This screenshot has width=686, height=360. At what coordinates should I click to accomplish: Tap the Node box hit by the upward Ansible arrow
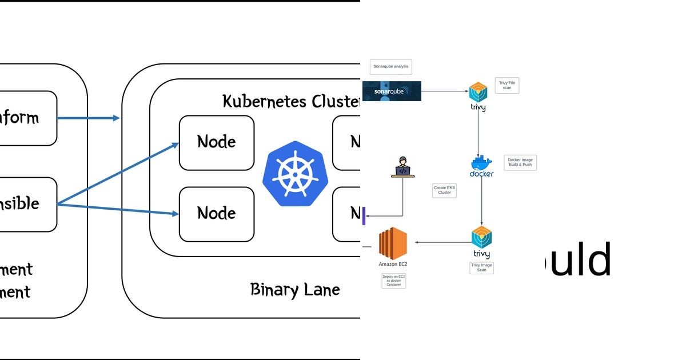216,142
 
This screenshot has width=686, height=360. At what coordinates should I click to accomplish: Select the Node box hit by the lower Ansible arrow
216,214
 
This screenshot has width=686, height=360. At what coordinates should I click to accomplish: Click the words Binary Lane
295,290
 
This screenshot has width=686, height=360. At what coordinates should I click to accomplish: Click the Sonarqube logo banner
392,91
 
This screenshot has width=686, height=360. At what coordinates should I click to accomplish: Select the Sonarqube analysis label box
390,66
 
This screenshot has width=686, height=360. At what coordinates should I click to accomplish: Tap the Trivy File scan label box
506,85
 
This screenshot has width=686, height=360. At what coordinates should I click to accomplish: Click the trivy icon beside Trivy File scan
478,95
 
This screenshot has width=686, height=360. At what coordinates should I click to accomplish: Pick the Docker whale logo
481,165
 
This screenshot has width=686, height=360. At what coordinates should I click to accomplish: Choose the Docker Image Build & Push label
520,163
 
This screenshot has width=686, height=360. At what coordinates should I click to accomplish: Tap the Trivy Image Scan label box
481,267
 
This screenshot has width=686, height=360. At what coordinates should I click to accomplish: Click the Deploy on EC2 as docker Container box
393,281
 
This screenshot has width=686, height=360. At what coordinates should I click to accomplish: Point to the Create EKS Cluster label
444,190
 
